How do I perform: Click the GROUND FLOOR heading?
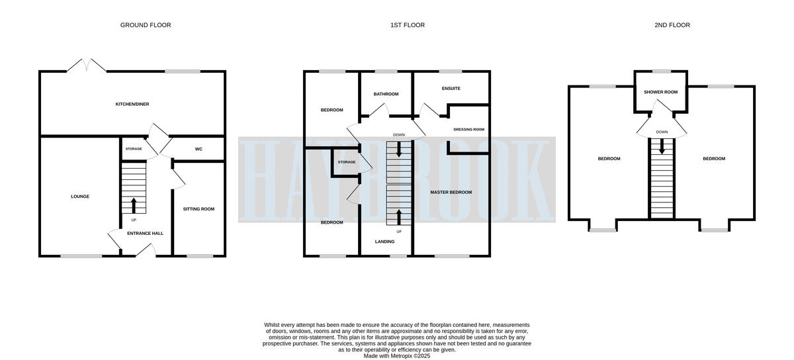click(x=146, y=25)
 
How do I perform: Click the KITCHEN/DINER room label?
click(x=132, y=105)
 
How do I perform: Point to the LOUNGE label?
click(x=80, y=197)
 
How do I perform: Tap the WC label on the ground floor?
click(x=198, y=149)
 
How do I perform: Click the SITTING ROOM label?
click(x=198, y=209)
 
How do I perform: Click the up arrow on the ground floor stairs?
click(x=134, y=204)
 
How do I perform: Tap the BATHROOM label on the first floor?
click(x=386, y=94)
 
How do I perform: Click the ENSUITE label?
click(x=451, y=89)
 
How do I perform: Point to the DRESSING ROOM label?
click(x=469, y=130)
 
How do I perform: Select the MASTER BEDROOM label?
click(x=451, y=192)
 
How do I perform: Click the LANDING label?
click(x=386, y=242)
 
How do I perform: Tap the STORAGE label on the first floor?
click(x=346, y=162)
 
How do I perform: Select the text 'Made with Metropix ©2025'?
click(x=397, y=355)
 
